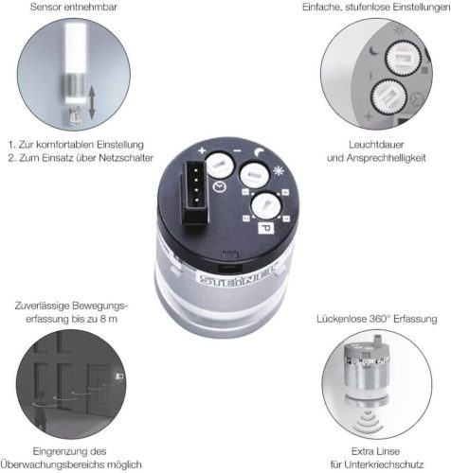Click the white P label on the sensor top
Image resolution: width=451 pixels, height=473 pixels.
(266, 228)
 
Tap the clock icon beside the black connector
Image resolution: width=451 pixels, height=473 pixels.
(219, 187)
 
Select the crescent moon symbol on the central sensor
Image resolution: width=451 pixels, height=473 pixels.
(261, 152)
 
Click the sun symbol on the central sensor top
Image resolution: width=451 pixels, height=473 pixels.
(279, 170)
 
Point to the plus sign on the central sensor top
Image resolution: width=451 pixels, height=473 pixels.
(202, 150)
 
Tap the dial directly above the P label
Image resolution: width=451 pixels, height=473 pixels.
(266, 206)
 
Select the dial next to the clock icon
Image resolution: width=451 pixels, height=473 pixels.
(220, 166)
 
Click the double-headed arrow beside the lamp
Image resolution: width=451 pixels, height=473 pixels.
(92, 103)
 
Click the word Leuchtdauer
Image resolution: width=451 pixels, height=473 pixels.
(376, 145)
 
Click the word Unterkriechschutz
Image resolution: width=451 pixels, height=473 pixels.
(385, 464)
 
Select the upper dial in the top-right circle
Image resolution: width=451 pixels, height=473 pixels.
(403, 59)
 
